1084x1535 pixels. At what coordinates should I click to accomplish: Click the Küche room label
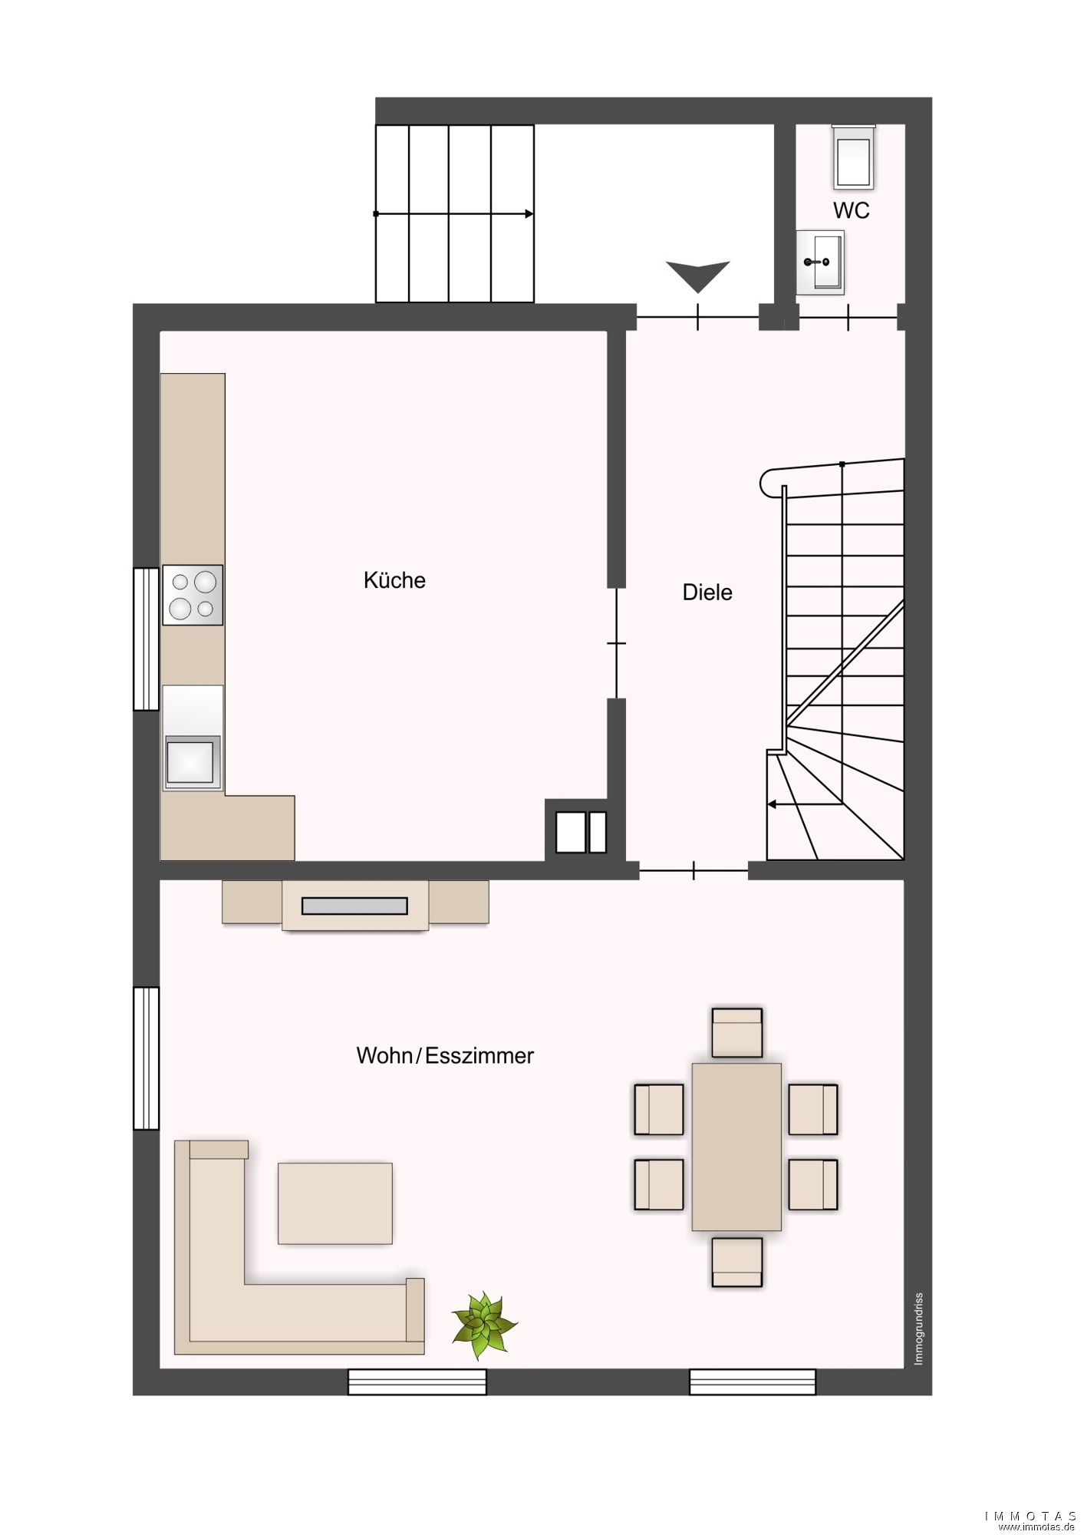coord(394,580)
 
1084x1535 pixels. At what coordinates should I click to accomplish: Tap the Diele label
coord(707,593)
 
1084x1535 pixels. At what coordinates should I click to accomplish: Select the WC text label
coord(852,210)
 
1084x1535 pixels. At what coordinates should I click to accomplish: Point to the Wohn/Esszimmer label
coord(445,1055)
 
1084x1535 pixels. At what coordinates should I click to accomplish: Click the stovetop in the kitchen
coord(193,596)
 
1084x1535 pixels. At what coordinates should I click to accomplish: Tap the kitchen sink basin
coord(191,761)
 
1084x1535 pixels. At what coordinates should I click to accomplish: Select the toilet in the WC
coord(854,157)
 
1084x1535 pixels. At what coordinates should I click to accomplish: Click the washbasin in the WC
coord(820,262)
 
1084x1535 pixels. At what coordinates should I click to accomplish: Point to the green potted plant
coord(484,1325)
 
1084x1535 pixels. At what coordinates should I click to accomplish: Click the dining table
coord(736,1147)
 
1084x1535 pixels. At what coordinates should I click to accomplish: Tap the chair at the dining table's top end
coord(736,1033)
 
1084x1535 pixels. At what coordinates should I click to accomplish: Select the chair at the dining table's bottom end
coord(736,1262)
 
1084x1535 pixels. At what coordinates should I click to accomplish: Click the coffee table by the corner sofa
coord(335,1203)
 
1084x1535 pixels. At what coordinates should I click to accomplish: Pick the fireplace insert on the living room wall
coord(355,906)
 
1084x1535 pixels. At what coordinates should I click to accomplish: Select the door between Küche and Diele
coord(616,643)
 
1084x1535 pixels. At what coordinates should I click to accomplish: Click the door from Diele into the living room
coord(694,870)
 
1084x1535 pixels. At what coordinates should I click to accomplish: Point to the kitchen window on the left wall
coord(146,639)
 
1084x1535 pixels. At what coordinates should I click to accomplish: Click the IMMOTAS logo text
coord(1031,1516)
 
